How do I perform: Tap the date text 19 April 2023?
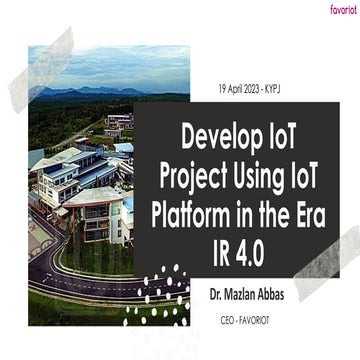coord(239,87)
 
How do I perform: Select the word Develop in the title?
coord(214,132)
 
